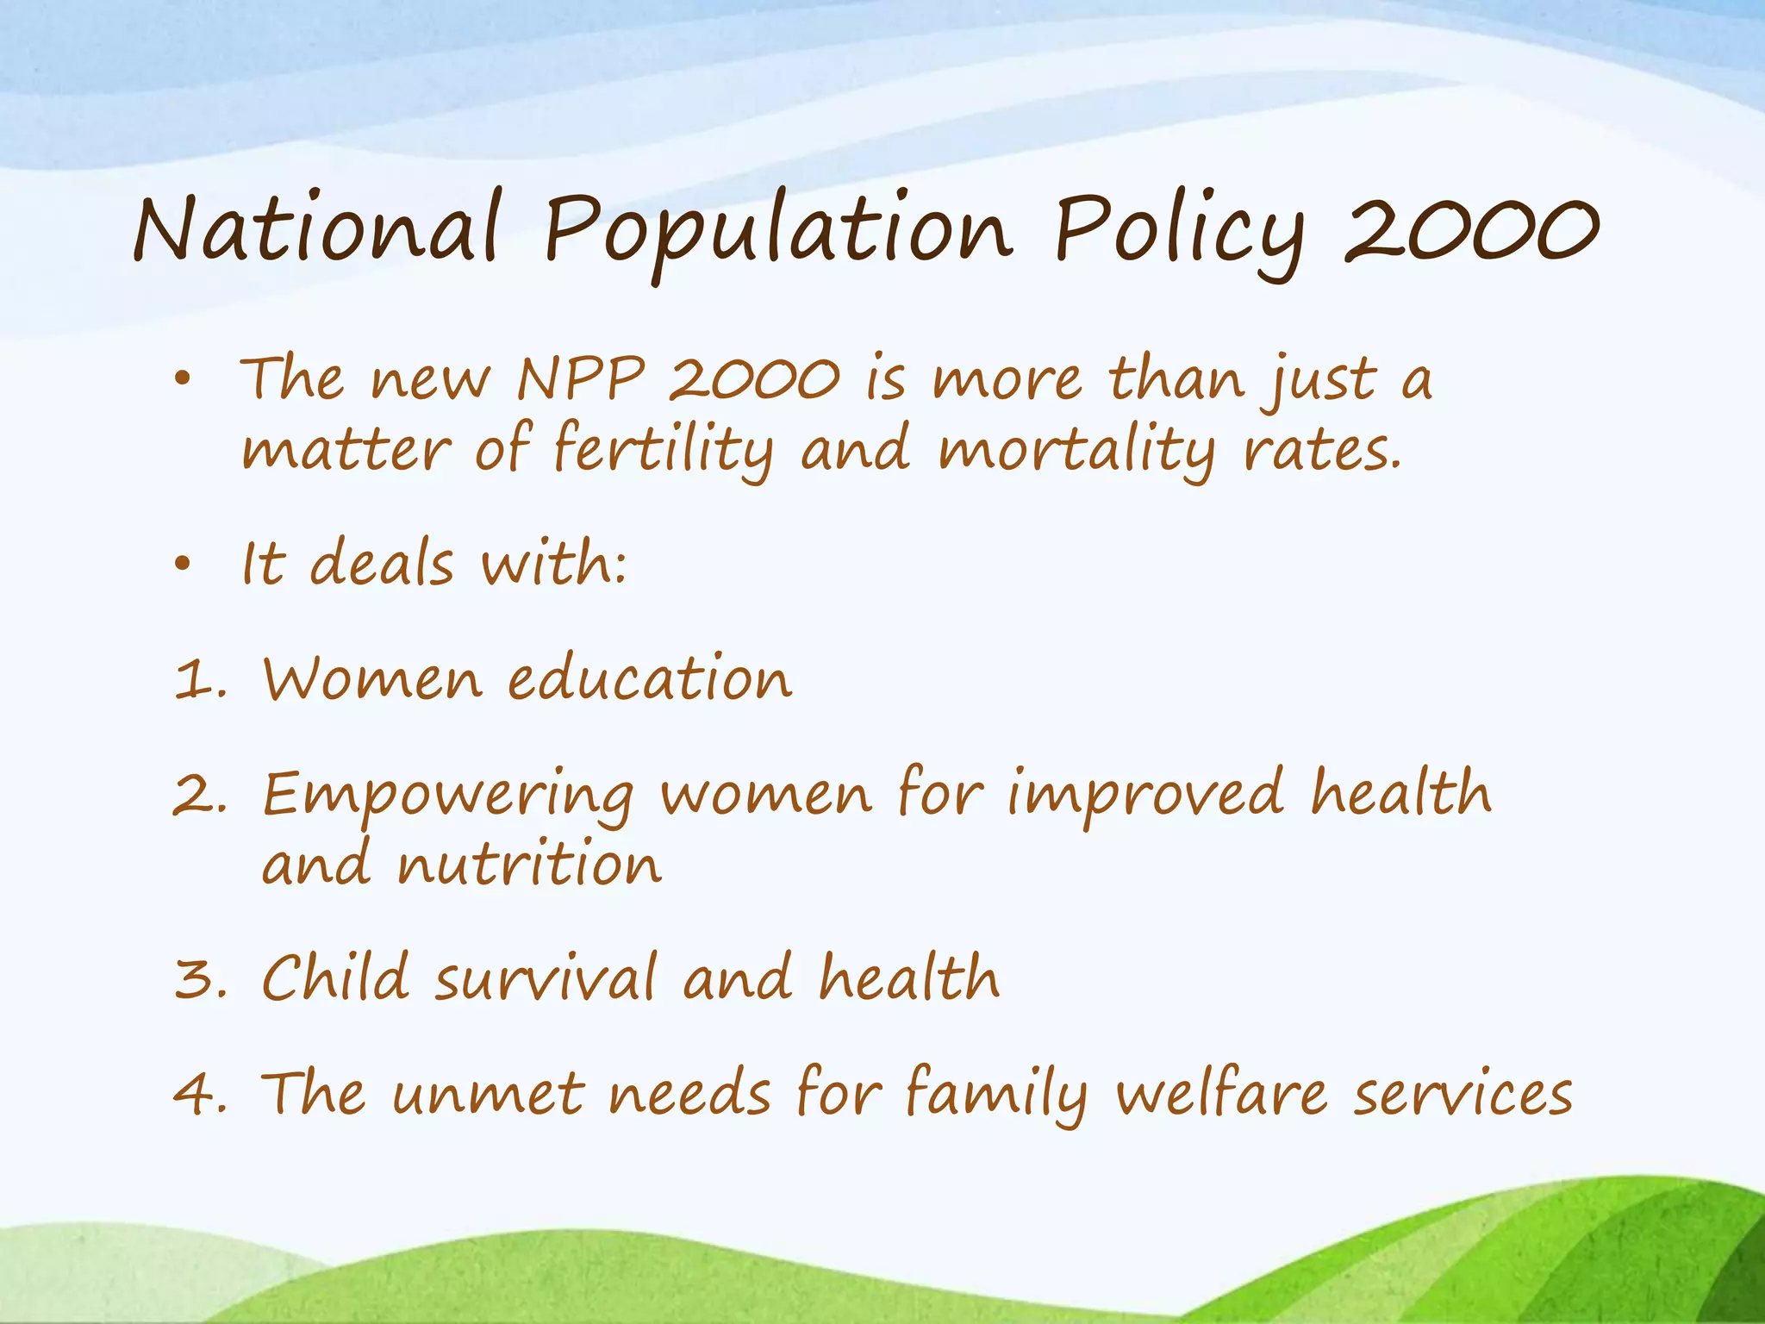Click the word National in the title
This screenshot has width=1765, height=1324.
316,228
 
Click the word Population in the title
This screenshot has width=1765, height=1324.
778,231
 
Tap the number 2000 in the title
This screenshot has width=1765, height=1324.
1471,229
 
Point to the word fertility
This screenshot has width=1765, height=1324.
662,450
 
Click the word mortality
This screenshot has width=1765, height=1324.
1076,450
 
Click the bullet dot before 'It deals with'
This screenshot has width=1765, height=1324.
182,565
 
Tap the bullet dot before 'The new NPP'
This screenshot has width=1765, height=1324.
182,378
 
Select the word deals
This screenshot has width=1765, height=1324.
381,564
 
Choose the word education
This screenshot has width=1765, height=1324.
649,678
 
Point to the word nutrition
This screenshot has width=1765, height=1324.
529,865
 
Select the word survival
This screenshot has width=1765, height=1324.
546,979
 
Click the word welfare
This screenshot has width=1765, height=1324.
1221,1094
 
